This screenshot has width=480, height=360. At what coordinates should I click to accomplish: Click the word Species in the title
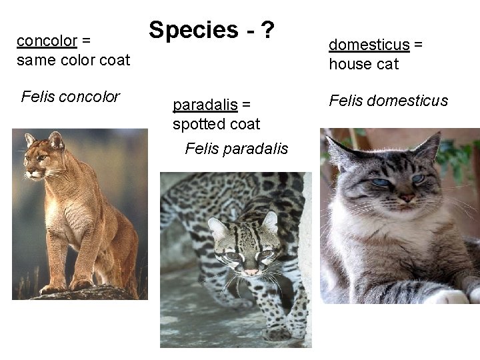tap(193, 30)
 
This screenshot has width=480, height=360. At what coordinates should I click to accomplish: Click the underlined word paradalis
tap(205, 105)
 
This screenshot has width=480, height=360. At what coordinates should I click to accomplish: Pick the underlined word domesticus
tap(369, 45)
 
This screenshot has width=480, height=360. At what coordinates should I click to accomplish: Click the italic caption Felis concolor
tap(70, 97)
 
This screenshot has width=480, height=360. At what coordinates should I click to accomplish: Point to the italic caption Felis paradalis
tap(236, 148)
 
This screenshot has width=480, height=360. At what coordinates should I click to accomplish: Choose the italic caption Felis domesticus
tap(388, 101)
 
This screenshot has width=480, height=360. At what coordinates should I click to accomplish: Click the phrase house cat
tap(363, 65)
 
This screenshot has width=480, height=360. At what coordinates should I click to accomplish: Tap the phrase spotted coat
tap(216, 124)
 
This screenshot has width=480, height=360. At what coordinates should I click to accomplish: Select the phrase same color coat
tap(73, 60)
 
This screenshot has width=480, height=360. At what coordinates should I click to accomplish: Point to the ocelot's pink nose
tap(251, 271)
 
